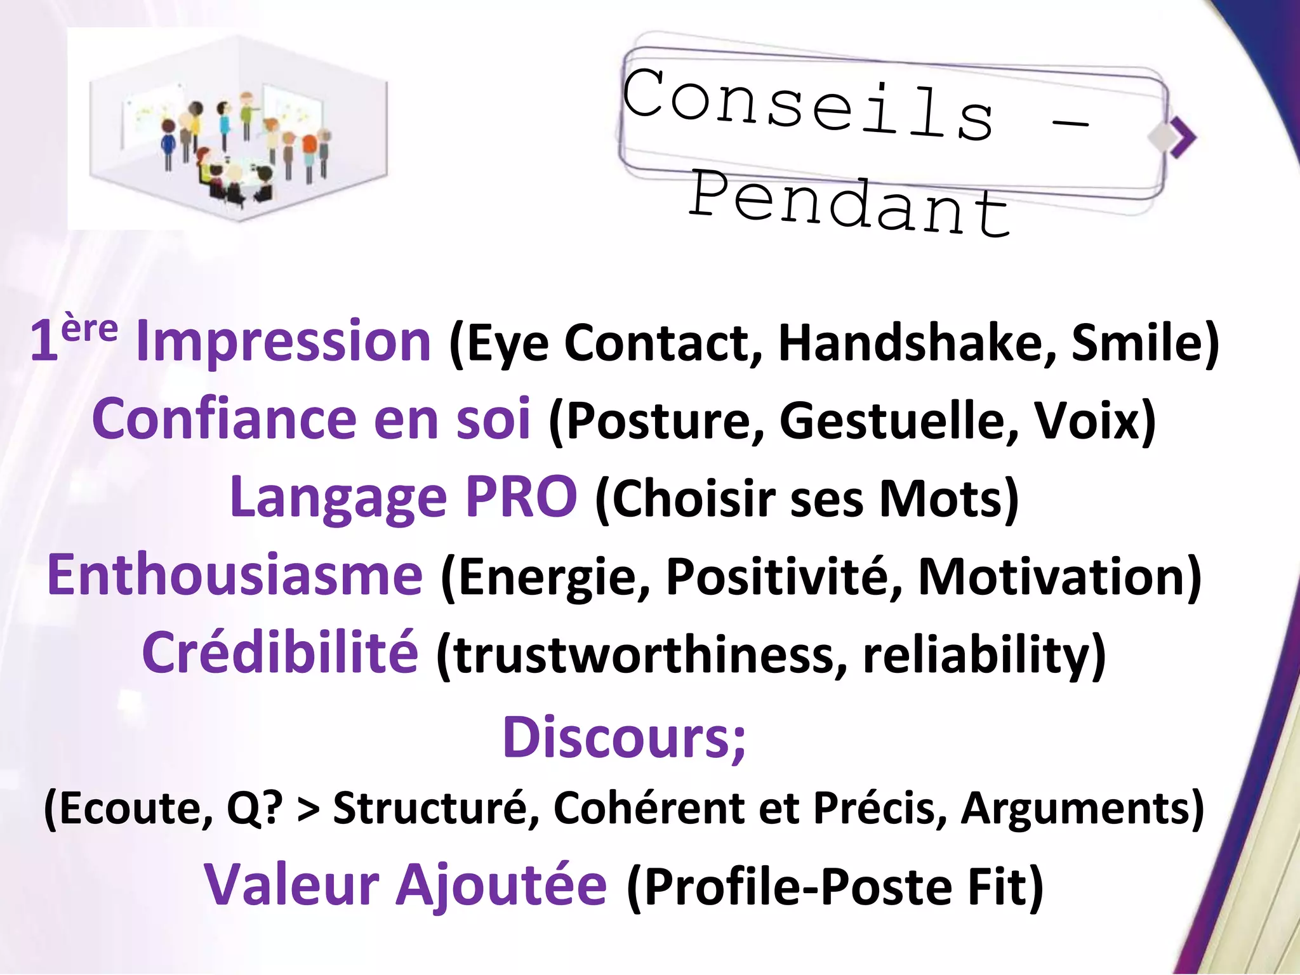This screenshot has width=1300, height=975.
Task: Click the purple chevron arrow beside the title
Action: click(x=1182, y=138)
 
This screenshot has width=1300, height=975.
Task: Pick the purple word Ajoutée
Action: click(x=501, y=885)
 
